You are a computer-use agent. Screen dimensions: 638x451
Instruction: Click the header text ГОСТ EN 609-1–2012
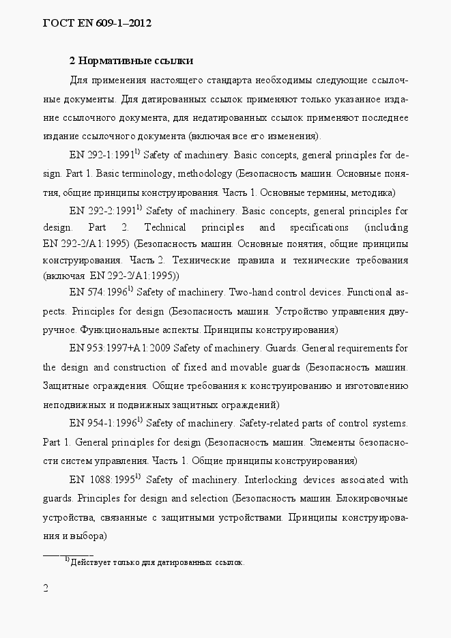(96, 23)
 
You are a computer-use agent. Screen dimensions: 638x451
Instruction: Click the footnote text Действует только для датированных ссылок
(157, 563)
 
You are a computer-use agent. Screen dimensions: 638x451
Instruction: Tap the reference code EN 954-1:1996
(101, 423)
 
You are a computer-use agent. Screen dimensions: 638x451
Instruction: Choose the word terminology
(142, 173)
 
